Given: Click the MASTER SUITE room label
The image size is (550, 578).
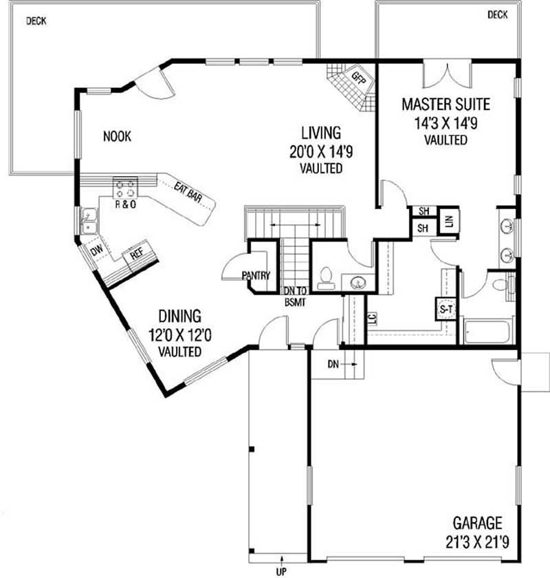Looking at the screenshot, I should coord(445,105).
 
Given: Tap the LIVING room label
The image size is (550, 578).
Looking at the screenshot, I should coord(321,132).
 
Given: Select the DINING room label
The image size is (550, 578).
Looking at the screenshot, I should coord(179,317).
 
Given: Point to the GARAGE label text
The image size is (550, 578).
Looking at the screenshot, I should coord(477,523).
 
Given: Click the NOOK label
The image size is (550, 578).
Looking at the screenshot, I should coord(117,136).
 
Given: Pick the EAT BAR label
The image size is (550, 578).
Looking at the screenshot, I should coord(187,192).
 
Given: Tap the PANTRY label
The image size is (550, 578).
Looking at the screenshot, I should coord(256,276).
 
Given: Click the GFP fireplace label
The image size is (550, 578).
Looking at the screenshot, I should coord(358,76).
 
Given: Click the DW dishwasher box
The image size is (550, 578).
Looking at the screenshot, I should coord(96,251).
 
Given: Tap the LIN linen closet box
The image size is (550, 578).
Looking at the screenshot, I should coord(449,222).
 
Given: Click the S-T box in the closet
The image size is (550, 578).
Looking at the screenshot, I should coord(446,310).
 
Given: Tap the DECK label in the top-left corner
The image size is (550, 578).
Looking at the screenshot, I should coord(36,21).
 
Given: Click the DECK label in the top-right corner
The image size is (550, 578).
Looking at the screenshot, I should coord(497,14).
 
